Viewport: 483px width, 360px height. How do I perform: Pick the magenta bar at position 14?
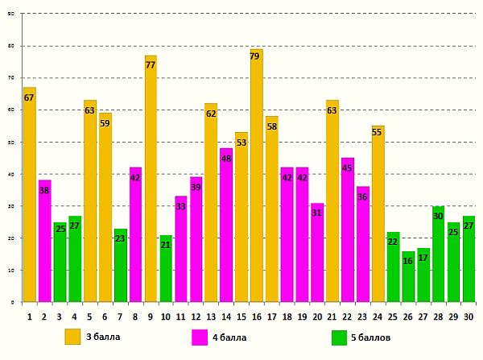click(x=226, y=226)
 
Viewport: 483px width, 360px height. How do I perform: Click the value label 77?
click(x=151, y=65)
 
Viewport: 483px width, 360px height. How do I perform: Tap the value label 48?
click(x=226, y=159)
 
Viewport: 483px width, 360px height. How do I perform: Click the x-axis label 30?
click(x=469, y=317)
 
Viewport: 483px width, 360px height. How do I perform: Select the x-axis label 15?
click(x=242, y=317)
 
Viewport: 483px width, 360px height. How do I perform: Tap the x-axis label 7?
click(x=120, y=317)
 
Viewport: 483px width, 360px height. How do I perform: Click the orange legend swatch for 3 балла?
click(x=72, y=337)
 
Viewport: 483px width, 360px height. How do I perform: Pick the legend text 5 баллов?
click(x=370, y=337)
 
